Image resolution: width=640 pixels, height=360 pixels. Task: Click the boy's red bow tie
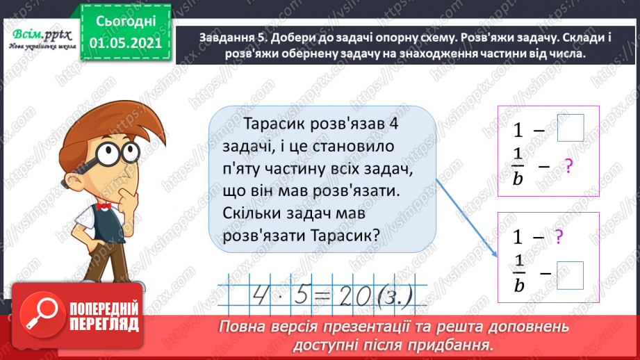(104, 206)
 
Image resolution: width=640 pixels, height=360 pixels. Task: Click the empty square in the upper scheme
(571, 127)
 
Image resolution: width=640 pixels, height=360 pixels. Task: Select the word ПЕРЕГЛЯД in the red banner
(104, 324)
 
